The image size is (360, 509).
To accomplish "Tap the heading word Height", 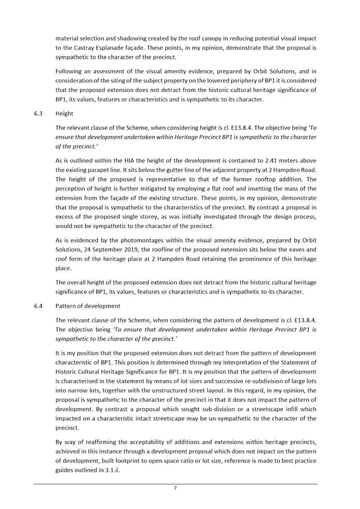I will pos(64,114).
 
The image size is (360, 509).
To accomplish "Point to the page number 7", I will pos(175,488).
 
